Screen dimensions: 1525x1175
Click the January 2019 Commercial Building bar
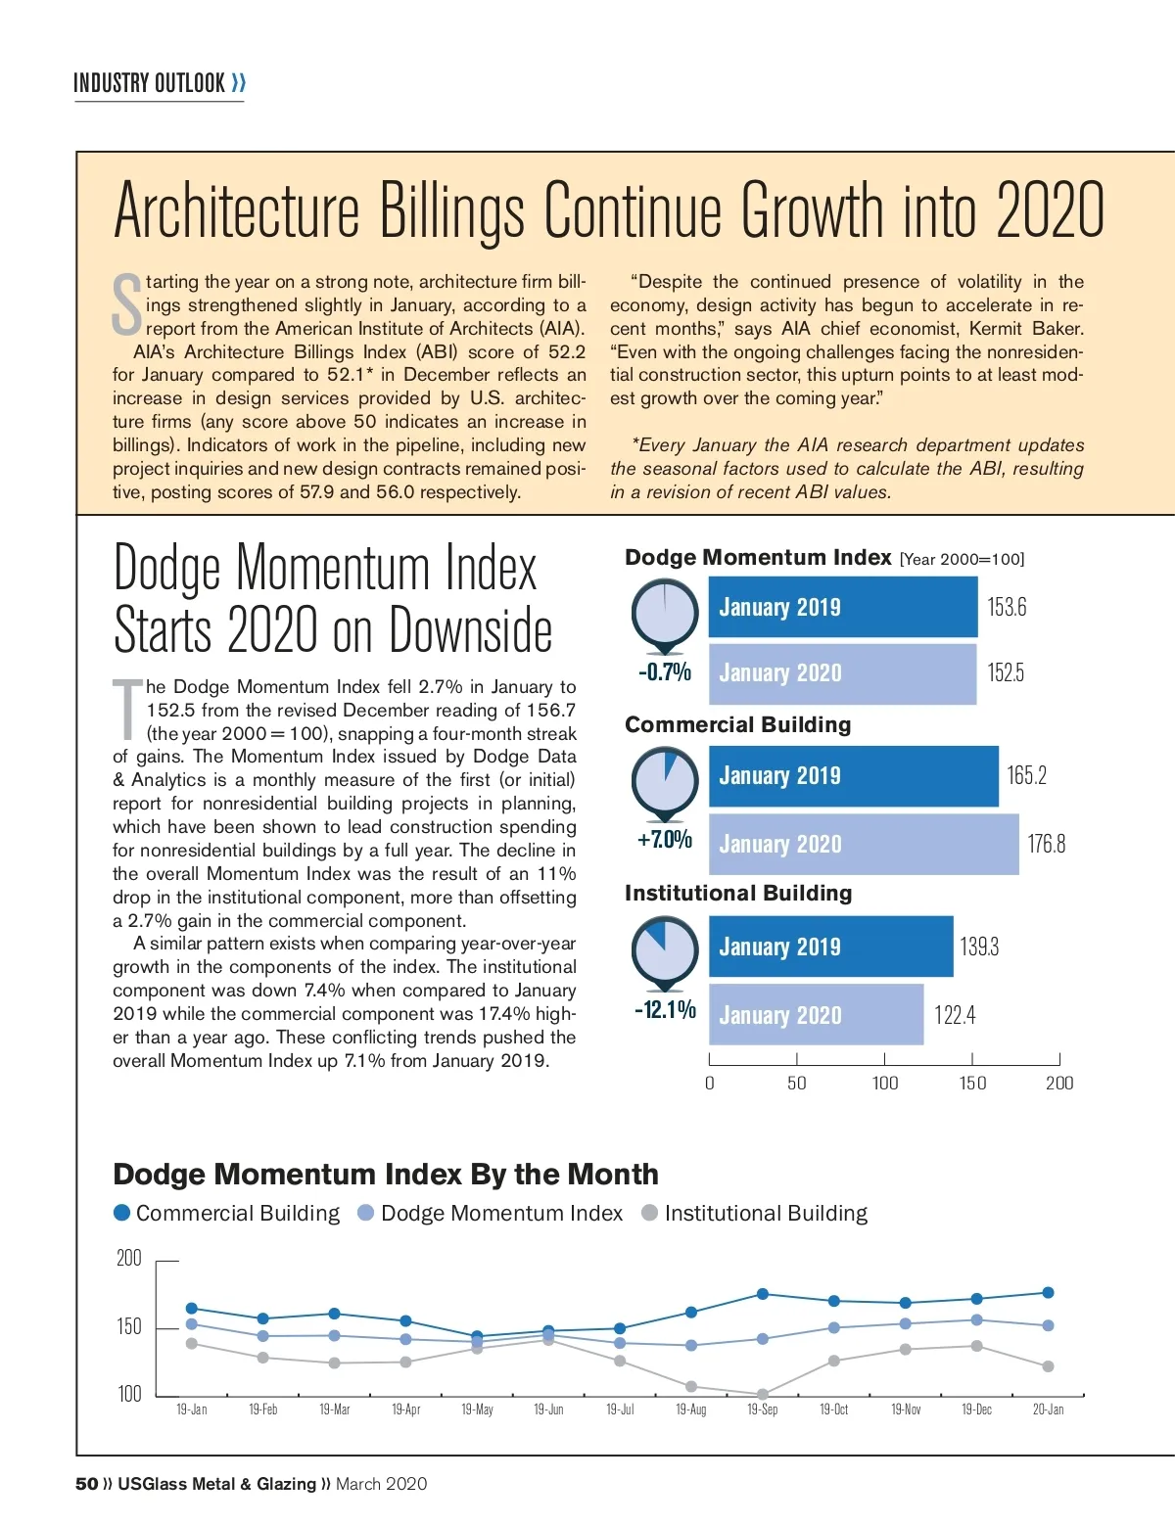click(853, 776)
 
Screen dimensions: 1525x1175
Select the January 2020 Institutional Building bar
click(816, 1015)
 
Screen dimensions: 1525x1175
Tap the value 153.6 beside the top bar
click(1007, 607)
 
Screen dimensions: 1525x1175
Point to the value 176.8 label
click(1046, 844)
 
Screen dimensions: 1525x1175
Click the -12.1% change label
click(665, 1009)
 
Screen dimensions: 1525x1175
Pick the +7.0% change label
click(665, 840)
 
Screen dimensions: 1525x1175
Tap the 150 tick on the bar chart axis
click(972, 1083)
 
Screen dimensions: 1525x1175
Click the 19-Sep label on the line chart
click(762, 1409)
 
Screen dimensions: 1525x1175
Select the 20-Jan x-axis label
click(1048, 1409)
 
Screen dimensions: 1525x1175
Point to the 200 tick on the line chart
click(129, 1259)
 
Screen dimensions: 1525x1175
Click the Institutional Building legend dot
click(649, 1213)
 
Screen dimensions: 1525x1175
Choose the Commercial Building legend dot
click(122, 1213)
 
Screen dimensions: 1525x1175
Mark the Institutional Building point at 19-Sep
click(762, 1394)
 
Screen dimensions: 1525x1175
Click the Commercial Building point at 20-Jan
click(1048, 1292)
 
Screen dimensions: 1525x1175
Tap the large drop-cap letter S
click(127, 303)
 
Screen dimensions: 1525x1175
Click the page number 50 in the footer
click(86, 1484)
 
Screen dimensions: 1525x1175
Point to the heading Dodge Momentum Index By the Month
click(386, 1174)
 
